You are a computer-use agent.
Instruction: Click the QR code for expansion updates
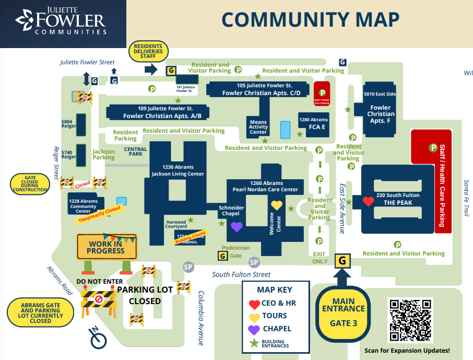tap(410, 320)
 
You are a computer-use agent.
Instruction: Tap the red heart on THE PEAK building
tap(369, 201)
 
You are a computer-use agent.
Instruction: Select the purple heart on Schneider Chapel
tap(236, 227)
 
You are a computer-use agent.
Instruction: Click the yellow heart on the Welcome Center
tap(276, 205)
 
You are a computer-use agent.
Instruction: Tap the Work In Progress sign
tap(106, 247)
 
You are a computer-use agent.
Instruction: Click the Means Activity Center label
tap(258, 127)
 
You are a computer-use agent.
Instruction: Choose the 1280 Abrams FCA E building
tap(314, 123)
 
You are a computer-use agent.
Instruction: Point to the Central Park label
tap(135, 152)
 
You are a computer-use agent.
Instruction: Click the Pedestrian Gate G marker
tap(222, 256)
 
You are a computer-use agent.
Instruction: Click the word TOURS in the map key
tap(275, 315)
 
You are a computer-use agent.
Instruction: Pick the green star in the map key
tap(254, 343)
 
